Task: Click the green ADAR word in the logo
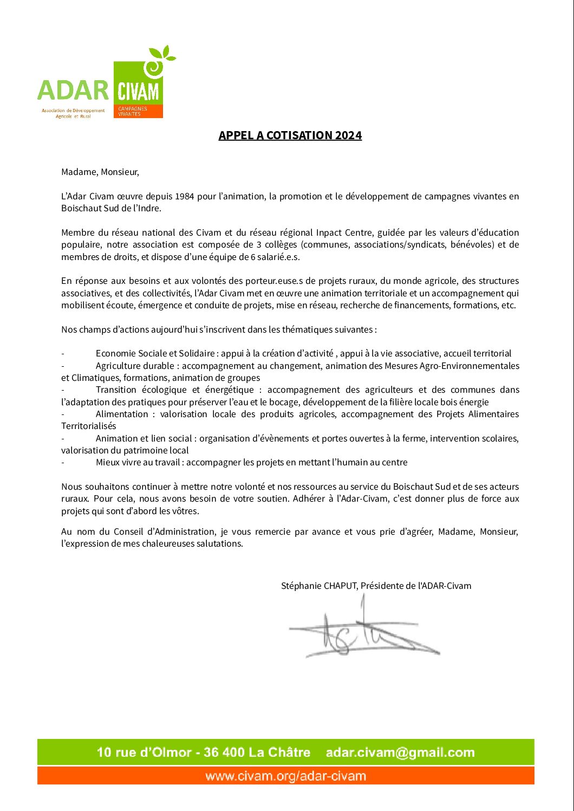coord(73,90)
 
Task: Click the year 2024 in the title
coord(348,135)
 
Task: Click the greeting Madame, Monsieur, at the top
coord(100,172)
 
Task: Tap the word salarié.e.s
coord(278,257)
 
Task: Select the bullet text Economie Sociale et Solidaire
coord(155,353)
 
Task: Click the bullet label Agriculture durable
coord(135,366)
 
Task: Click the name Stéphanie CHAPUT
coord(319,586)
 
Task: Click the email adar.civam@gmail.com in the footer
coord(400,752)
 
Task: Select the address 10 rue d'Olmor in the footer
coord(144,752)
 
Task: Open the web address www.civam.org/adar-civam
coord(285,776)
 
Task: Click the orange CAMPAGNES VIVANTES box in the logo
coord(138,111)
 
